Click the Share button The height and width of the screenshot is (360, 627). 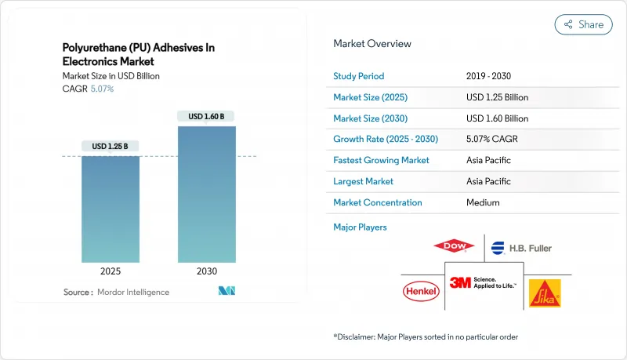click(x=583, y=24)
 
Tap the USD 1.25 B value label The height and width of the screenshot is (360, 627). click(x=111, y=146)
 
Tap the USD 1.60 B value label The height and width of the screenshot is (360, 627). click(x=206, y=116)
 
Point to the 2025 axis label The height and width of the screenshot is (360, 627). click(x=111, y=271)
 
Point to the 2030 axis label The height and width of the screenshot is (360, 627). click(x=206, y=271)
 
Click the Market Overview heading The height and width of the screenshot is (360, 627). click(x=372, y=44)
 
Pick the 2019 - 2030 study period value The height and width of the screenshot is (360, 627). click(x=490, y=76)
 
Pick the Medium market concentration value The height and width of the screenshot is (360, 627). click(x=482, y=202)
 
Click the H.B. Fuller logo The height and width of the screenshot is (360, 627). click(x=521, y=248)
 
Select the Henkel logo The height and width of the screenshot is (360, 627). click(x=422, y=292)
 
